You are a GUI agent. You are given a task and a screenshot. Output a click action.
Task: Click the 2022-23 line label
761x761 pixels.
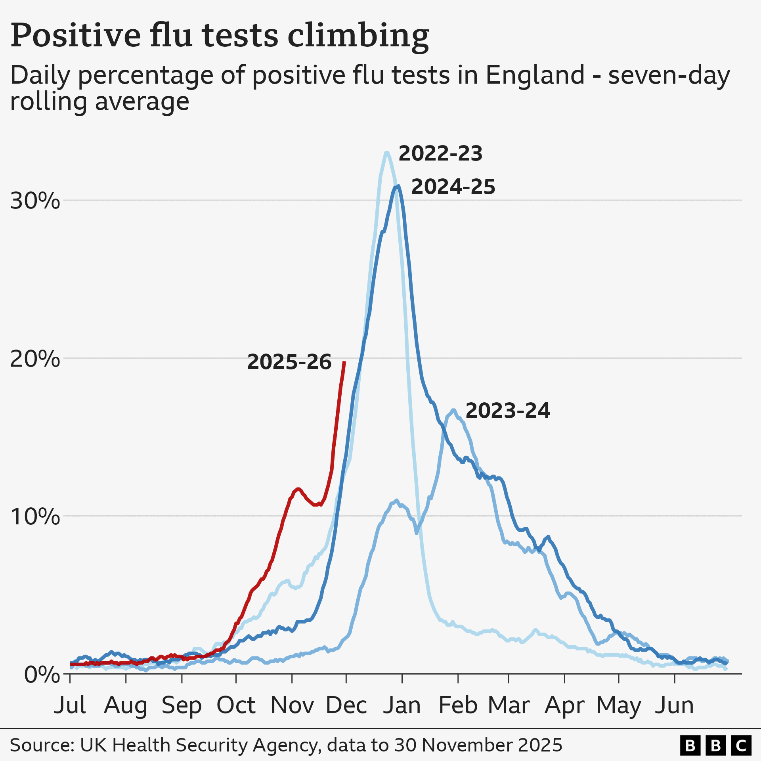click(x=440, y=153)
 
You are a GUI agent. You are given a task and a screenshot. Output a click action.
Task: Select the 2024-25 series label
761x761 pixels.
click(x=453, y=187)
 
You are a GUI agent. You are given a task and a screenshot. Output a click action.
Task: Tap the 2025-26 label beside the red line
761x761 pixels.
click(x=289, y=362)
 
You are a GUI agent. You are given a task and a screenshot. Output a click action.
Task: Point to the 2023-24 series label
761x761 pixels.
click(x=507, y=411)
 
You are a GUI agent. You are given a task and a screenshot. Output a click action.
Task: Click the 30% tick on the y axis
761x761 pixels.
click(x=35, y=201)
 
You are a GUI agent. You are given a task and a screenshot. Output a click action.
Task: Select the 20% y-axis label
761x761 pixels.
click(x=35, y=359)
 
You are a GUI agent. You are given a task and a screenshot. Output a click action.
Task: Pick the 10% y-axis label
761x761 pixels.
click(x=35, y=517)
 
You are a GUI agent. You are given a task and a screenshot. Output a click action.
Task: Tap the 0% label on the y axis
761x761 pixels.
click(x=42, y=675)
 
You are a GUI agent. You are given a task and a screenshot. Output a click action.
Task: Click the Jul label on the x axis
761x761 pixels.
click(x=70, y=706)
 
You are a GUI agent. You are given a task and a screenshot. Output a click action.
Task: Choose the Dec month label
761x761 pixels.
click(x=346, y=706)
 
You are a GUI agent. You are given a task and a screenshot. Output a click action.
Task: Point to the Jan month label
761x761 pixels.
click(x=402, y=706)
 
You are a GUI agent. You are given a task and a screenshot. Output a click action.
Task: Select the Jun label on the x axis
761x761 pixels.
click(x=674, y=706)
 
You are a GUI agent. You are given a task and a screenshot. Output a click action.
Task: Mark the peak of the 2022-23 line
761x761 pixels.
click(x=386, y=153)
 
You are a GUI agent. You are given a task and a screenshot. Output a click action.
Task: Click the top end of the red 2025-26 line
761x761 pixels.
click(x=344, y=362)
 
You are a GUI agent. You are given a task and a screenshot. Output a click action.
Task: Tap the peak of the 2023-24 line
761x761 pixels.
click(x=453, y=411)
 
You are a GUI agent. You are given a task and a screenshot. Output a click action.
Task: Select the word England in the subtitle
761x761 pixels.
click(x=535, y=75)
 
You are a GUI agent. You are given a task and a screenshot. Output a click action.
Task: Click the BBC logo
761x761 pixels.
click(x=715, y=746)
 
